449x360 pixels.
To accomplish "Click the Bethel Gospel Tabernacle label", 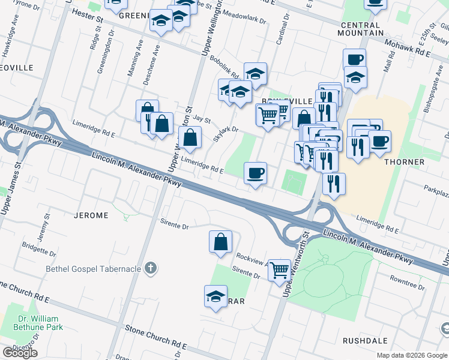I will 93,269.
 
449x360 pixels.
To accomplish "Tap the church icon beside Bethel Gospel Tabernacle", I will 151,268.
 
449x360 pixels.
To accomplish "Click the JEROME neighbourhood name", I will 91,215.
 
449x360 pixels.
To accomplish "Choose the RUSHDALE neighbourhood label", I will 364,340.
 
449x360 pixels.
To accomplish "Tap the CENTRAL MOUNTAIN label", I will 361,29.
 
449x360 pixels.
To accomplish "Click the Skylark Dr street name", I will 226,134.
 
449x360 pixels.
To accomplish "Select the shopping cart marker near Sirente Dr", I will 279,271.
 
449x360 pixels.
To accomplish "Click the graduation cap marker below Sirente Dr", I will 215,296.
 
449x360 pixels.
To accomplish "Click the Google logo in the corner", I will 20,352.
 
